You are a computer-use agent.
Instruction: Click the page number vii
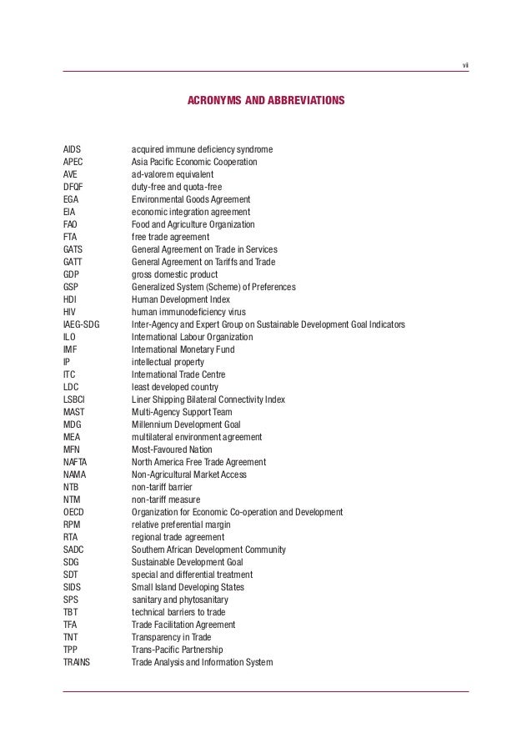point(464,66)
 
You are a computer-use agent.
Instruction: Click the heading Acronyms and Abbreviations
point(265,101)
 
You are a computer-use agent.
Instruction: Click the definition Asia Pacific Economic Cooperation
point(194,162)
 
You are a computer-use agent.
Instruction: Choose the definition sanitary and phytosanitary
point(180,600)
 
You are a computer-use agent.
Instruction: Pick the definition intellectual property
point(168,362)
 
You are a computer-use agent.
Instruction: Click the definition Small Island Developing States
point(188,587)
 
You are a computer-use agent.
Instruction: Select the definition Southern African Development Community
point(209,550)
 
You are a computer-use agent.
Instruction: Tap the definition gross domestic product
point(174,274)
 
